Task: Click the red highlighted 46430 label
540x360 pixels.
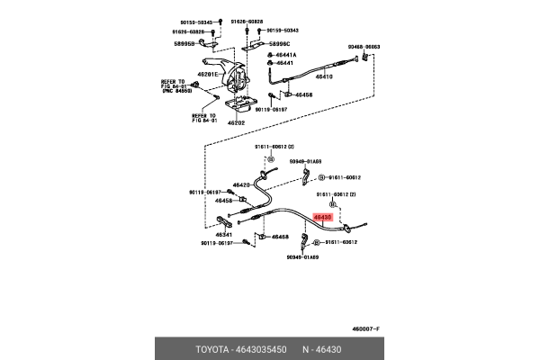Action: [321, 217]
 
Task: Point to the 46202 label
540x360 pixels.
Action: [236, 122]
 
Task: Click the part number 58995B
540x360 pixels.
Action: [187, 42]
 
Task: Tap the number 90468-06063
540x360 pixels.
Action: [364, 47]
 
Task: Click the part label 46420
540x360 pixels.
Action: [242, 184]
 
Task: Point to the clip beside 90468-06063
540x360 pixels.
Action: [362, 58]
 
